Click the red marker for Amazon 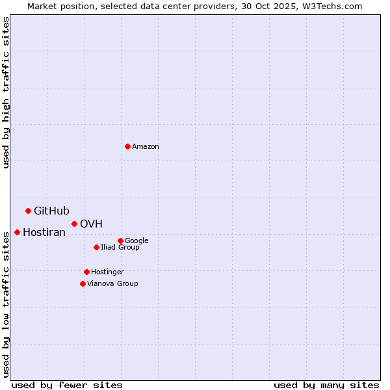click(127, 146)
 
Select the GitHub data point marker click(28, 211)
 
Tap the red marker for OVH click(74, 224)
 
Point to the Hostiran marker click(17, 232)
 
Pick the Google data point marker click(120, 240)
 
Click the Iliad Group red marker click(96, 247)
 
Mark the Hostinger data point click(86, 272)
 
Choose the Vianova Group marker click(83, 283)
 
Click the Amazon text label click(146, 147)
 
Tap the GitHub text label click(51, 211)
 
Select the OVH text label click(91, 224)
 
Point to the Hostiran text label click(44, 233)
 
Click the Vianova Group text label click(112, 284)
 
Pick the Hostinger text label click(107, 272)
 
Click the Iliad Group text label click(120, 248)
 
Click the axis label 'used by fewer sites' click(67, 385)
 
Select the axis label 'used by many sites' click(326, 385)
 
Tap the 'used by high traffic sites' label click(6, 93)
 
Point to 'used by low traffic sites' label click(6, 304)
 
